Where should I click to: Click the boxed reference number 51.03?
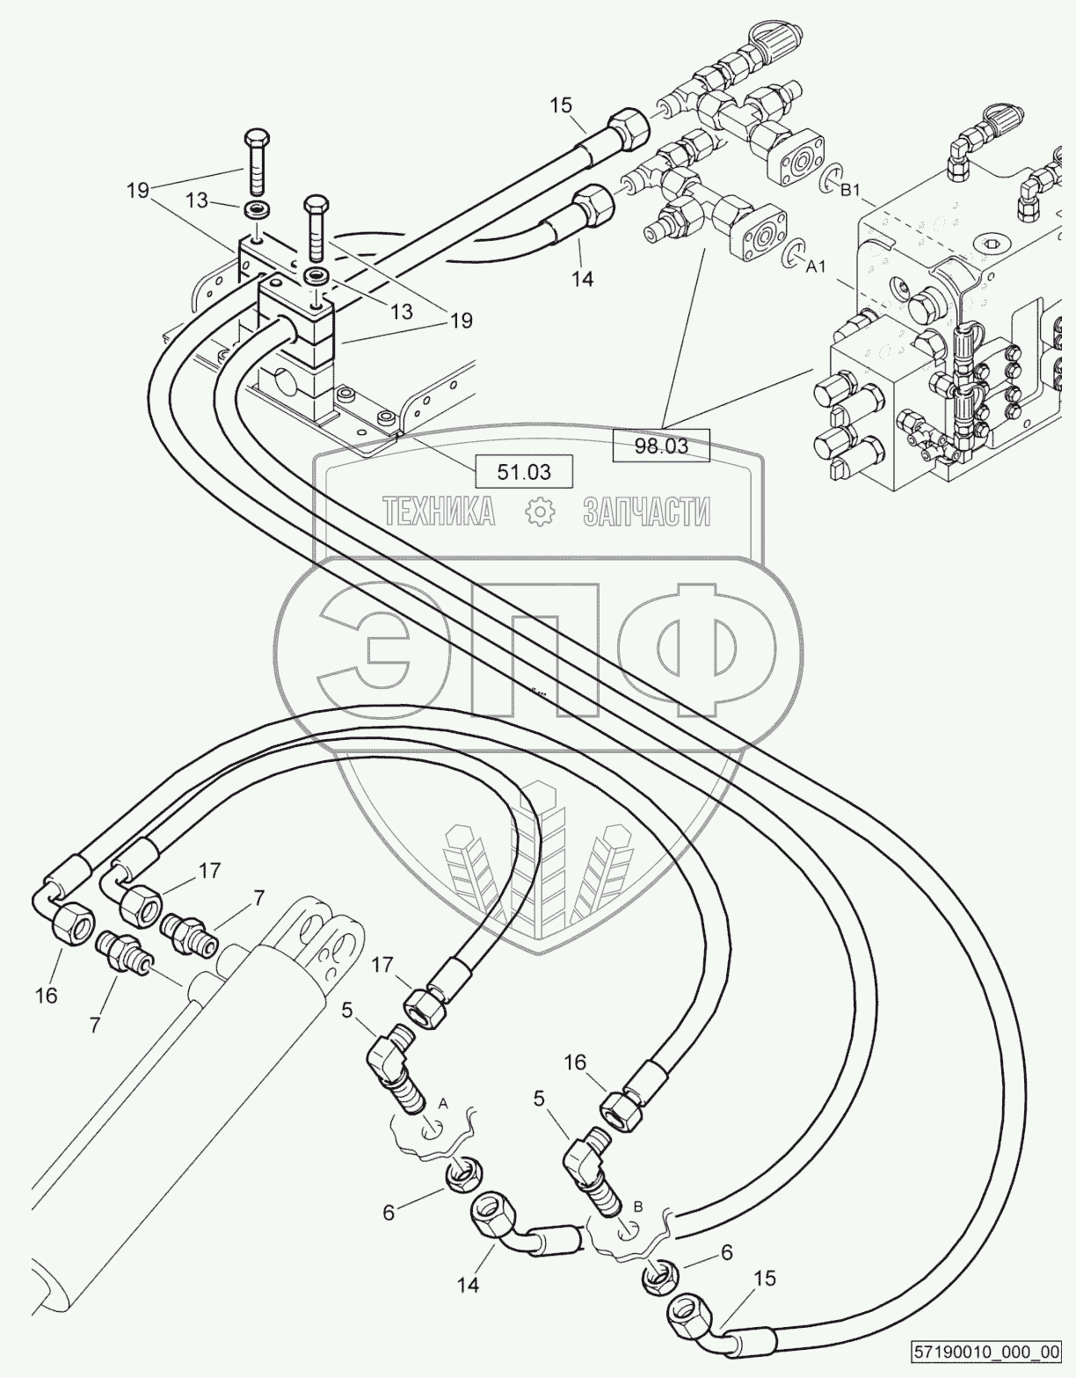coord(524,472)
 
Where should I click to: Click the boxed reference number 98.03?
coord(661,446)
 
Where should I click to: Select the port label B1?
coord(850,190)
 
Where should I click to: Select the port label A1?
coord(816,268)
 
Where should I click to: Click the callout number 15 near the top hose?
coord(561,105)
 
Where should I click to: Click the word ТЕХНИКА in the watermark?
coord(438,511)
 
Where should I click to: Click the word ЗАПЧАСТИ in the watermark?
coord(647,511)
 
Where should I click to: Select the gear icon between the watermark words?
coord(541,511)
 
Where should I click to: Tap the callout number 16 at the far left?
coord(47,997)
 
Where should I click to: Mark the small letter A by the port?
coord(443,1104)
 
